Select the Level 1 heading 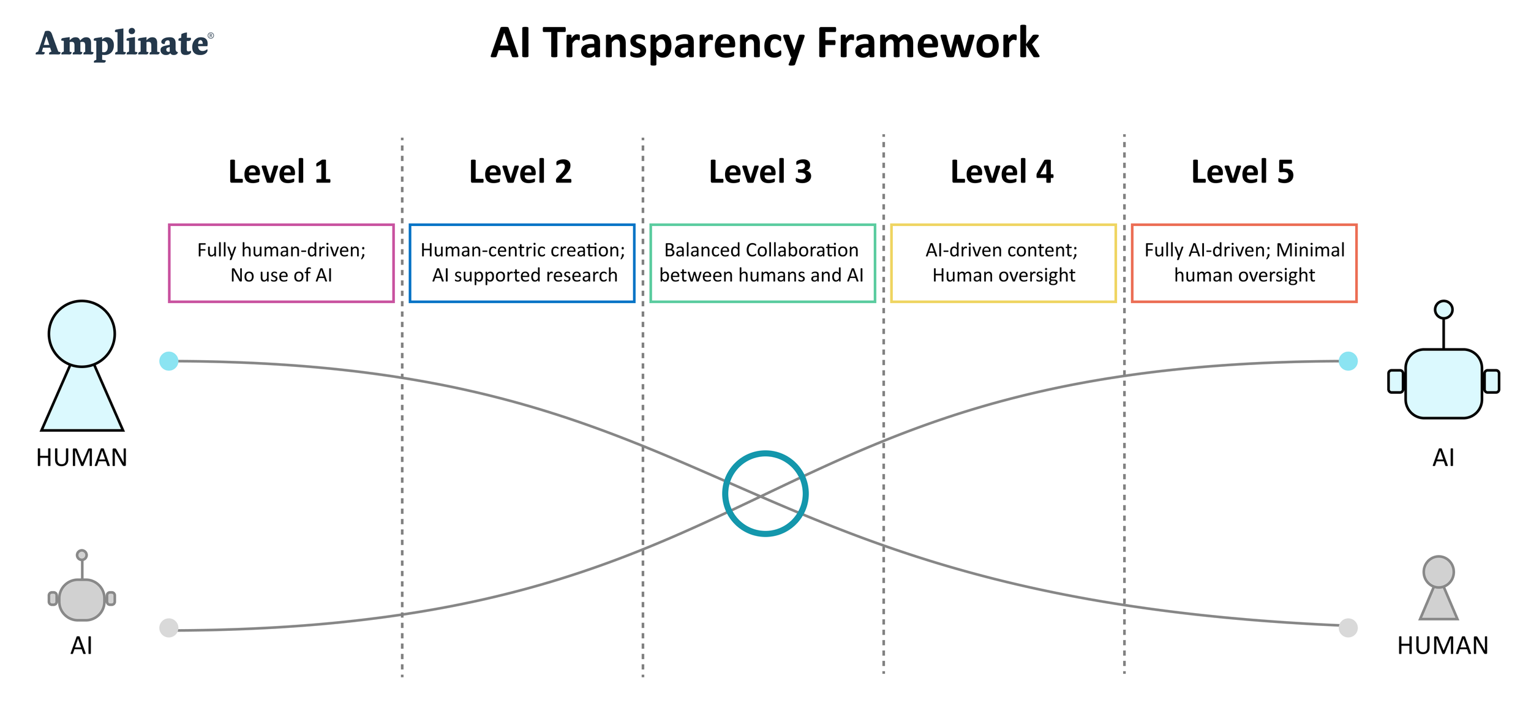(x=280, y=172)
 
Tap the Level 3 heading (x=760, y=172)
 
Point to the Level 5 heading (x=1242, y=172)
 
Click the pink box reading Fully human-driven (x=281, y=263)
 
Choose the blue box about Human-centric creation (x=522, y=263)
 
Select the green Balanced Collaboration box (x=762, y=263)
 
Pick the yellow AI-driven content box (x=1003, y=263)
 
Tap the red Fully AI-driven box (x=1244, y=263)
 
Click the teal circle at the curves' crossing (x=765, y=494)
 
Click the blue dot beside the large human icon (x=168, y=361)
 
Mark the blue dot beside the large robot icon (x=1348, y=361)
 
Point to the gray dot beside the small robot (x=168, y=628)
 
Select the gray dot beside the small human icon (x=1348, y=628)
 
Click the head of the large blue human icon (x=81, y=334)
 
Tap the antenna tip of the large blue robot (x=1443, y=309)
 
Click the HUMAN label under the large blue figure (x=81, y=458)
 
